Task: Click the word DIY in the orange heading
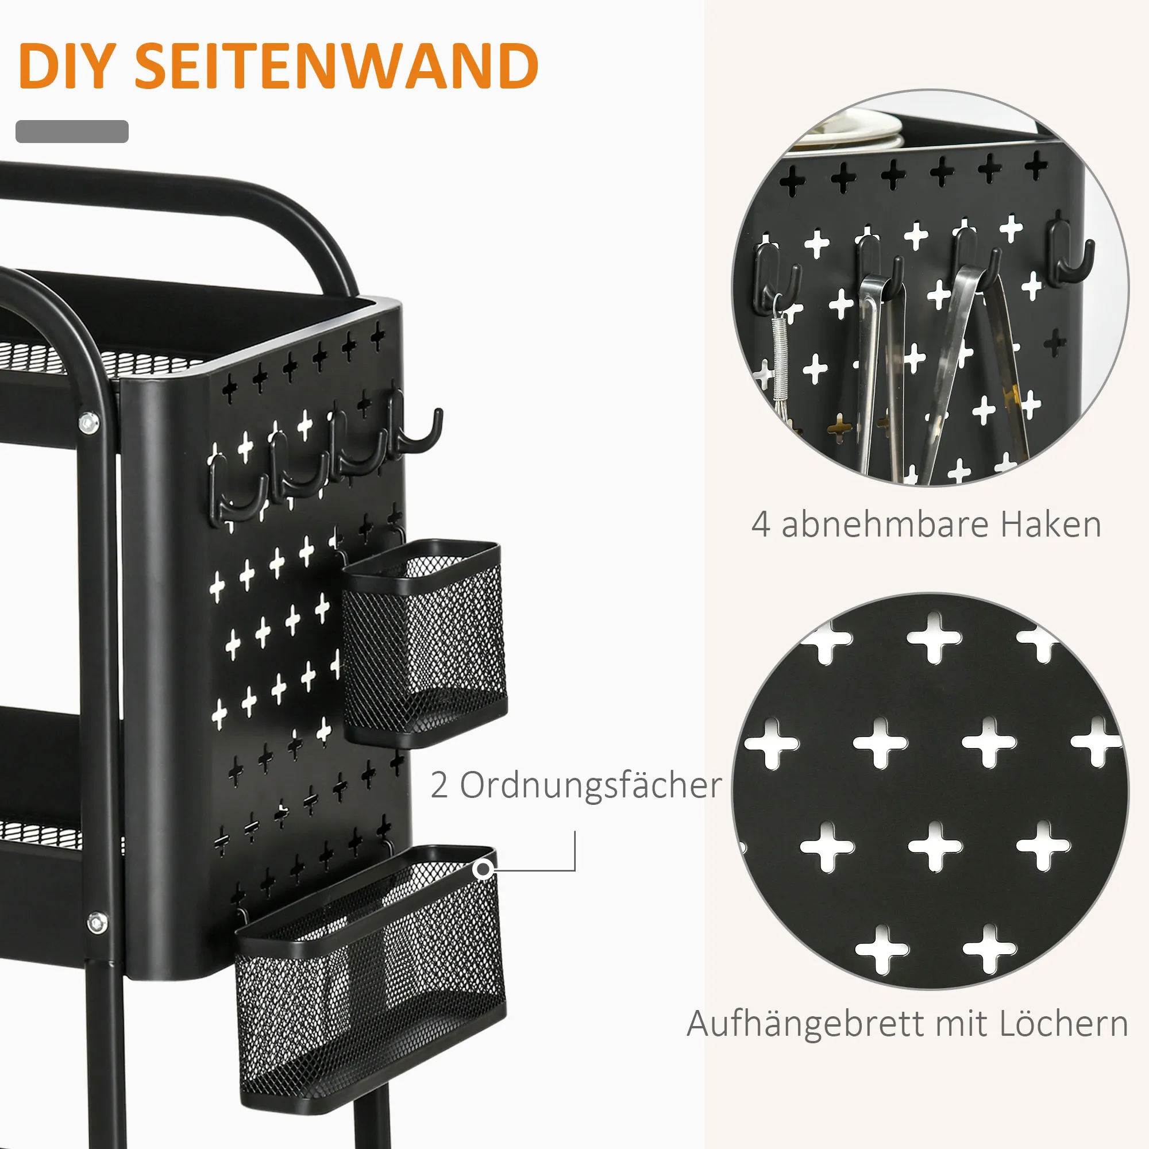[65, 66]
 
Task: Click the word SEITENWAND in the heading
[337, 66]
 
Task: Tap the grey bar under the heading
[72, 132]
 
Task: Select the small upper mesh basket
[423, 642]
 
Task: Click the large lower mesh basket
[371, 980]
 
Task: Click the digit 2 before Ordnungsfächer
[439, 785]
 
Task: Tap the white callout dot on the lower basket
[484, 869]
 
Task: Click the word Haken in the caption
[1051, 525]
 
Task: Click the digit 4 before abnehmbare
[761, 525]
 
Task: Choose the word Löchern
[1063, 1023]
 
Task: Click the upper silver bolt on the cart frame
[89, 423]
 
